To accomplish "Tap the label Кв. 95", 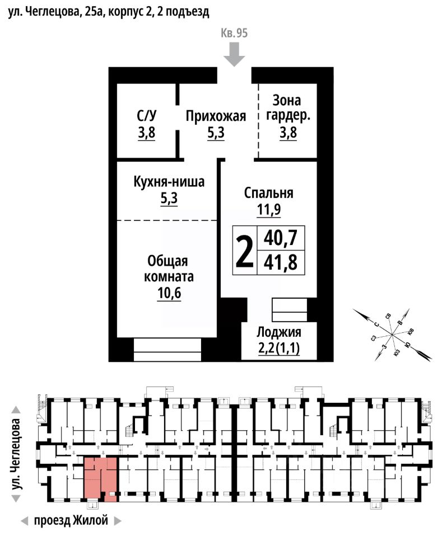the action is coord(234,33).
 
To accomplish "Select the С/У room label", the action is coord(147,117).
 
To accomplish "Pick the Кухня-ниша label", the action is coord(169,182).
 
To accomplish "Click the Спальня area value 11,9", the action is coord(269,210).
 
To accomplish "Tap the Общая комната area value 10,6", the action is coord(169,293).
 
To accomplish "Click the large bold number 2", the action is coord(244,252).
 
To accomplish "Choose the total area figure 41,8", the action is coord(281,262).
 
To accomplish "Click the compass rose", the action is coord(392,334).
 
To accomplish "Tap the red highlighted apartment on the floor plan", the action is coord(101,476).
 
